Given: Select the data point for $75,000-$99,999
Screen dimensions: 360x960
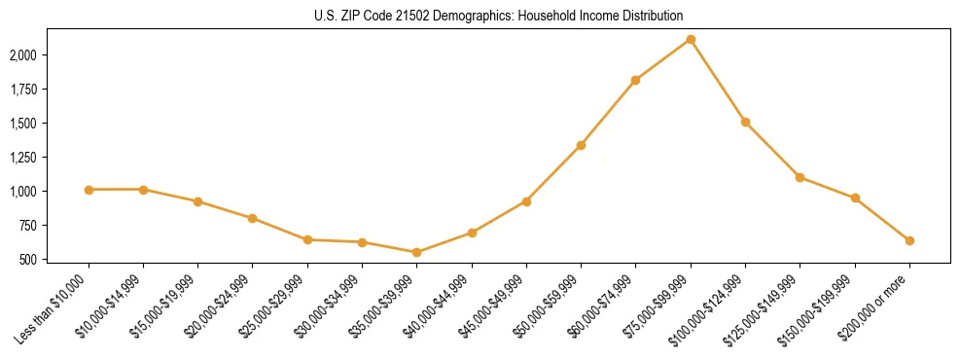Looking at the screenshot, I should point(691,40).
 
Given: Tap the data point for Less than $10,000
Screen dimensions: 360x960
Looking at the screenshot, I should point(89,190).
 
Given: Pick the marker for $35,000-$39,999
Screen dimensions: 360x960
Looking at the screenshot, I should point(417,252).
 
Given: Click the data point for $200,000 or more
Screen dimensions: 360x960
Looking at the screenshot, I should point(909,240).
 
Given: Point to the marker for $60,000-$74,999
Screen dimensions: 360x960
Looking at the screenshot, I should point(635,80).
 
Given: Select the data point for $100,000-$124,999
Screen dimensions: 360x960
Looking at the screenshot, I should point(745,123).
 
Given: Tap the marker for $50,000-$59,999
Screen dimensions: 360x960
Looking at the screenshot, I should point(581,146).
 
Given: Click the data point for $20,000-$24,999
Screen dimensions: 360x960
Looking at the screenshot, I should point(253,218).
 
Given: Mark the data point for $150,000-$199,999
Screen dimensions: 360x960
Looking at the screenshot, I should point(855,198).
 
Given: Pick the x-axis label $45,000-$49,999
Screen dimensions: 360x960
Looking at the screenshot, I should point(494,306).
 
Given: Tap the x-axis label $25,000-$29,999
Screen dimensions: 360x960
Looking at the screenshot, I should point(275,306).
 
